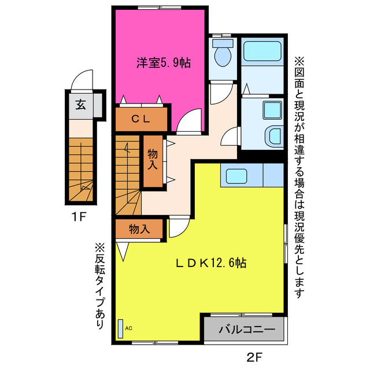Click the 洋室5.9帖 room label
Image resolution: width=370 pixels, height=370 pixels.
[164, 62]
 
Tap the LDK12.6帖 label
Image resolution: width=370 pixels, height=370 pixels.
[212, 263]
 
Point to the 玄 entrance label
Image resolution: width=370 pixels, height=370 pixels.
[80, 105]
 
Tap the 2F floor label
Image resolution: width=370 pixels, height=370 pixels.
[255, 357]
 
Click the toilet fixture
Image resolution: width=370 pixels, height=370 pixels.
[223, 55]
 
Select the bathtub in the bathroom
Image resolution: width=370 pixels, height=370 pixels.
[262, 53]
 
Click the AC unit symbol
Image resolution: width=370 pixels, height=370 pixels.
[121, 328]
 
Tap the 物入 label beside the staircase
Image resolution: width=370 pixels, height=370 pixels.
[153, 160]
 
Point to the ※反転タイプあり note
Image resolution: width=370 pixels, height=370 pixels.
[100, 286]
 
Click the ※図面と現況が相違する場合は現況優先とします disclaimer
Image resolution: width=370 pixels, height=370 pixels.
[299, 176]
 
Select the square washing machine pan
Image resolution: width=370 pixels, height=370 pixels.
[271, 109]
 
